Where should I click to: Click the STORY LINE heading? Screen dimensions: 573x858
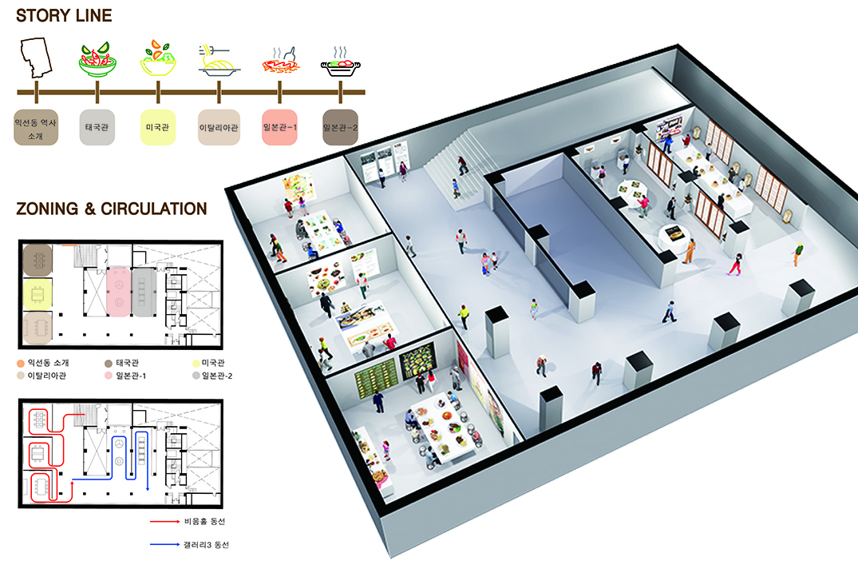click(x=64, y=15)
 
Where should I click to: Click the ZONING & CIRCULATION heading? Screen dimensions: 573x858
click(x=111, y=209)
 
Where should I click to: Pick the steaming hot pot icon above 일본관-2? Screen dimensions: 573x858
click(x=341, y=62)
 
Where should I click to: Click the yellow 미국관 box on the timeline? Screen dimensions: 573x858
click(x=157, y=127)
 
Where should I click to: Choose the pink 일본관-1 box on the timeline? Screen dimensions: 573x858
click(x=280, y=127)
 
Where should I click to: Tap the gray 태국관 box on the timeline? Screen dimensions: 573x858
click(x=97, y=127)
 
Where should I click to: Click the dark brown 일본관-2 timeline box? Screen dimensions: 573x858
click(x=341, y=127)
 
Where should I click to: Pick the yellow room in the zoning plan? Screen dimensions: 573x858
click(x=36, y=294)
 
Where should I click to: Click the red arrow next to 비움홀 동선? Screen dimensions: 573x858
click(x=166, y=521)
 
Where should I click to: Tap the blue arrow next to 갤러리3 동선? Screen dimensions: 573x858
click(x=166, y=545)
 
